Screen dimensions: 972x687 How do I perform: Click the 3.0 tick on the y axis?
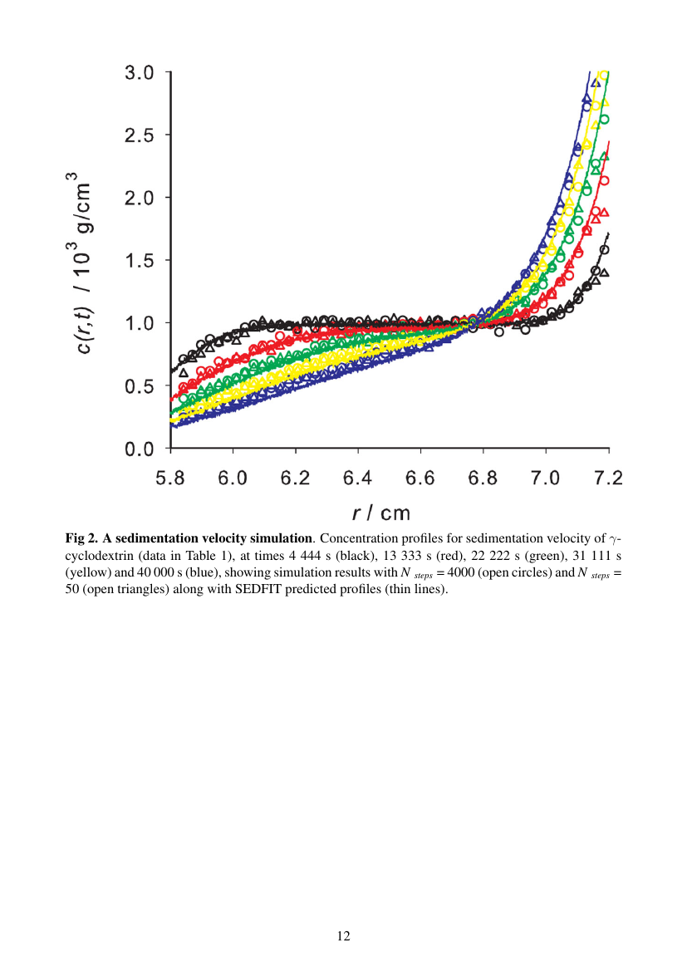click(x=140, y=73)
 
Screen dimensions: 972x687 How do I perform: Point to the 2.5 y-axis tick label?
click(x=140, y=135)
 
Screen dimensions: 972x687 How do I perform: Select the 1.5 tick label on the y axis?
click(x=140, y=261)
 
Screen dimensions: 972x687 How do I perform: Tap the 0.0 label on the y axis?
click(x=140, y=449)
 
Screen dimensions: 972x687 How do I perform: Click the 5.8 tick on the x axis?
click(x=170, y=479)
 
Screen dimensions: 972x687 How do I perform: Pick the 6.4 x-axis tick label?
click(x=358, y=479)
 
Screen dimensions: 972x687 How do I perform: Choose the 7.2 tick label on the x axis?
click(x=608, y=479)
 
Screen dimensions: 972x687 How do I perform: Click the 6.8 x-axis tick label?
click(x=483, y=479)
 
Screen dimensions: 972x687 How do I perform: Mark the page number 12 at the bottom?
click(x=343, y=936)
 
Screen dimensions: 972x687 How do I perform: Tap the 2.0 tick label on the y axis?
click(x=140, y=198)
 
